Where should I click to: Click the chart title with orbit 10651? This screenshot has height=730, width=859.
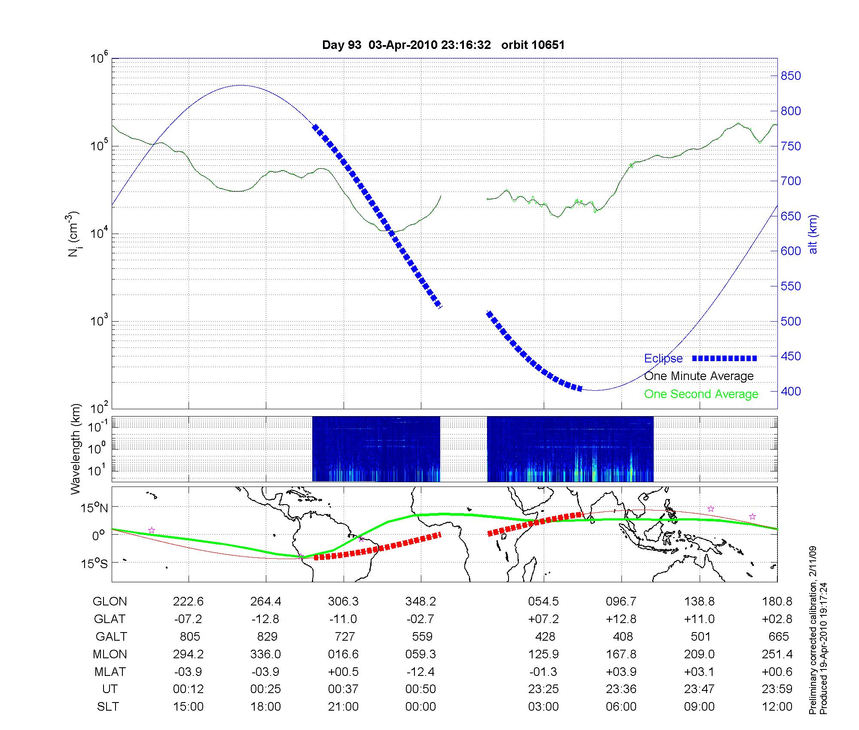coord(443,45)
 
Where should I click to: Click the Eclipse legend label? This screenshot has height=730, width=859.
coord(663,359)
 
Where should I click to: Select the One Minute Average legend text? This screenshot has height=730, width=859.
coord(699,376)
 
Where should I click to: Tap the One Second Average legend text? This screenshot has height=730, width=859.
coord(701,394)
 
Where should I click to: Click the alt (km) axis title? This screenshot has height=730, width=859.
coord(813,234)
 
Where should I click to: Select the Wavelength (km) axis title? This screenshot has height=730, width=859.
coord(76,449)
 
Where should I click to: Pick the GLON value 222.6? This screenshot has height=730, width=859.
coord(188,602)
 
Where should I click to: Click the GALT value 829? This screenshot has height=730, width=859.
coord(267,636)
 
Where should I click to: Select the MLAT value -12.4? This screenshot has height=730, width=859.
coord(420,672)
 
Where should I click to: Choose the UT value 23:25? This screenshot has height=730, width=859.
coord(544,689)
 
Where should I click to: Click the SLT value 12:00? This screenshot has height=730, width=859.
coord(778,707)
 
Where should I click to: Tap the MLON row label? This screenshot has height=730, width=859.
coord(110,654)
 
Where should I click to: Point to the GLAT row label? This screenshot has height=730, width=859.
coord(110,619)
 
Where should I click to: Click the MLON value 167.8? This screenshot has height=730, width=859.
coord(621,654)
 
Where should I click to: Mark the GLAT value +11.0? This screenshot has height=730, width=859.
coord(699,619)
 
